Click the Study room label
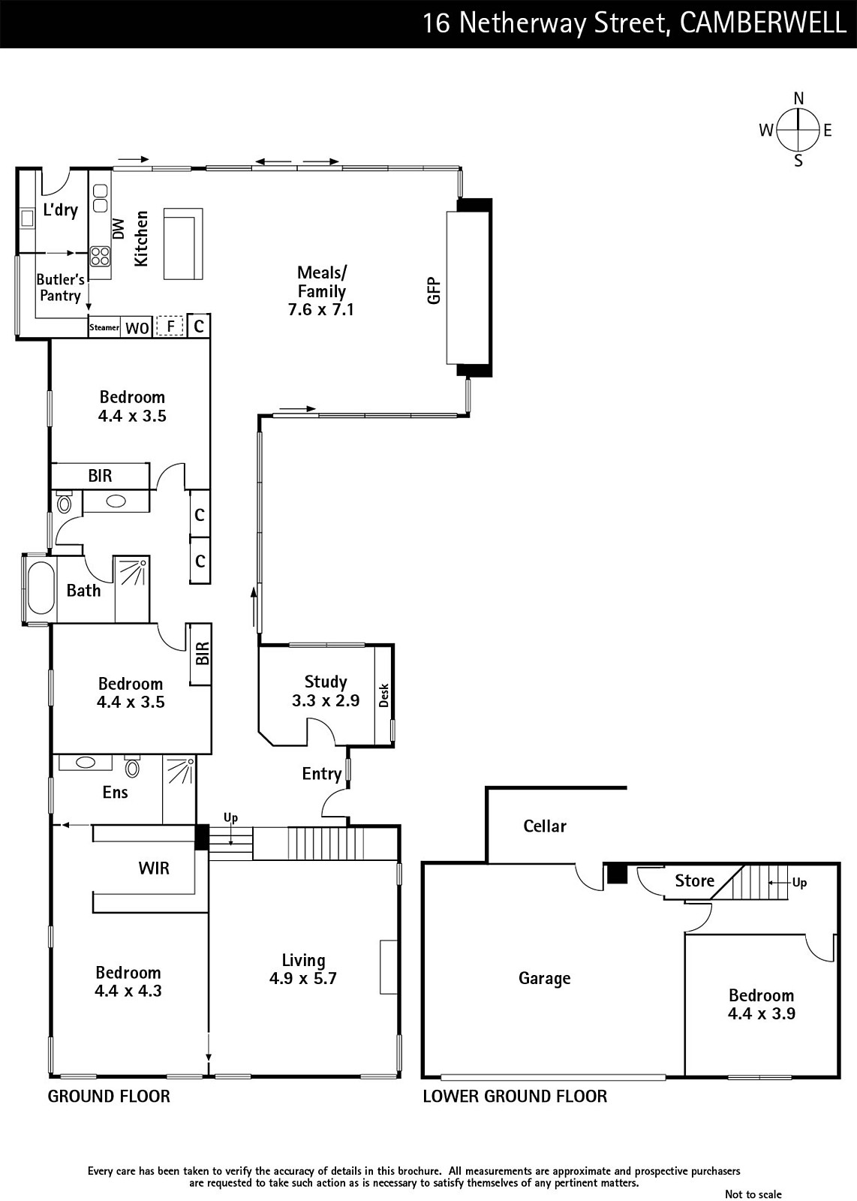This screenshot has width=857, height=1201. [x=326, y=682]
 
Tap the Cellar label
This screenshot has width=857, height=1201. [x=545, y=826]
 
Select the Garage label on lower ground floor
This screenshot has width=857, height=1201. [x=545, y=979]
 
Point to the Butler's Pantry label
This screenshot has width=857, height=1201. [x=60, y=287]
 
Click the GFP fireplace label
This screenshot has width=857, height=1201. [x=434, y=290]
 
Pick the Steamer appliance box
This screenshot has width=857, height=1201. [x=104, y=327]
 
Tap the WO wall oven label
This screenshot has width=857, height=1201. [x=137, y=327]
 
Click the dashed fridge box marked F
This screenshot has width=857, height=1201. [x=170, y=326]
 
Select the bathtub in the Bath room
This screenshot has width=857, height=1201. [x=41, y=588]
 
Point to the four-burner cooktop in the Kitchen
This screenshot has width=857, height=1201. [x=100, y=256]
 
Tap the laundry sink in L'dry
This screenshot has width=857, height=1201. [x=27, y=218]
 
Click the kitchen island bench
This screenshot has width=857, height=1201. [x=183, y=244]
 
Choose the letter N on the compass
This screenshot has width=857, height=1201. [x=798, y=98]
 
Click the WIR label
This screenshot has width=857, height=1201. [x=154, y=868]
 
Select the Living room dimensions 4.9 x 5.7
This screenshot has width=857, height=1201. [x=303, y=979]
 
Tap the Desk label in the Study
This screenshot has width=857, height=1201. [x=383, y=695]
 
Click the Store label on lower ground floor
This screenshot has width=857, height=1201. [x=695, y=880]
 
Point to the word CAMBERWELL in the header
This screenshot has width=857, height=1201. [x=763, y=23]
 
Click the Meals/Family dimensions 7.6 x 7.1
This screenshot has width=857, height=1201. [x=321, y=309]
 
